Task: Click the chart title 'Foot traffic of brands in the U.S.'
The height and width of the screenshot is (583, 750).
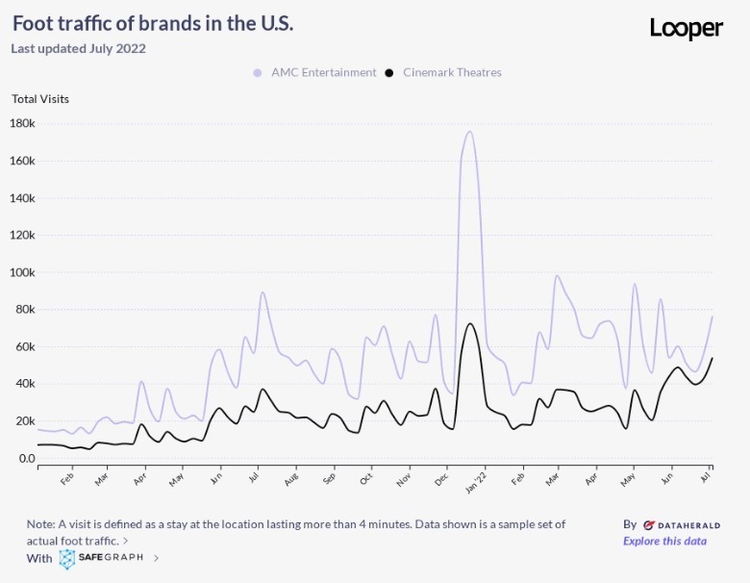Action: point(153,23)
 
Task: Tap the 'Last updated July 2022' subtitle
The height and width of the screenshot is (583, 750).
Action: point(78,48)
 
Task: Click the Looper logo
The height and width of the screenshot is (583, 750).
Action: point(686,28)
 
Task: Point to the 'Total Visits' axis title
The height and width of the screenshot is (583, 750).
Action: point(40,98)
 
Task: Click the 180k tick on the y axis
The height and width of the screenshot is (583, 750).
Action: point(22,123)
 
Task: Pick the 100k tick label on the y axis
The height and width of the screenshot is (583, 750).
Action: point(22,272)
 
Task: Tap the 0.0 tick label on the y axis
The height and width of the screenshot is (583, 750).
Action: point(26,458)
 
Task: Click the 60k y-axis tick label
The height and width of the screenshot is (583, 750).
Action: point(24,346)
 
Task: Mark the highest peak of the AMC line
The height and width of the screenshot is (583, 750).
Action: point(469,132)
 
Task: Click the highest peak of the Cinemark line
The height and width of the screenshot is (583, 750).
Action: point(469,323)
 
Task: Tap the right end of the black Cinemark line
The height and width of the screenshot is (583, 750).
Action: point(712,358)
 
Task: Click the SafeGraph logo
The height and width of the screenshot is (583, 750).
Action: point(102,558)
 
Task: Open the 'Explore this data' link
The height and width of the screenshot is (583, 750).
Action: point(664,541)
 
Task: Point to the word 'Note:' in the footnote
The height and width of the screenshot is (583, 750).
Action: point(41,524)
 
